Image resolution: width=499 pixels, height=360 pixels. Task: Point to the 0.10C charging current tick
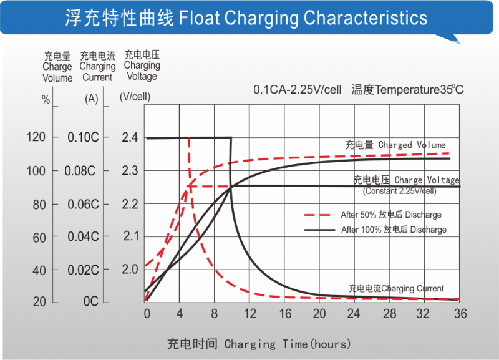pos(84,137)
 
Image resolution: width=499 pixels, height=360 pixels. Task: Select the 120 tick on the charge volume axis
pos(37,137)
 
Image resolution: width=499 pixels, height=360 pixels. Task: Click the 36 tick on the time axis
pos(460,314)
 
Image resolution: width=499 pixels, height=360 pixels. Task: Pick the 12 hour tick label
pos(250,314)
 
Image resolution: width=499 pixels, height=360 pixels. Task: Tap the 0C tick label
pos(91,302)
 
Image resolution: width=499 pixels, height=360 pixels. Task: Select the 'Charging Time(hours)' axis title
pos(259,344)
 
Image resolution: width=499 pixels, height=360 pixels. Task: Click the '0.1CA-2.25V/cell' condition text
pos(297,90)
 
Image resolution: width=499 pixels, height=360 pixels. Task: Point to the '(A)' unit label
pos(91,99)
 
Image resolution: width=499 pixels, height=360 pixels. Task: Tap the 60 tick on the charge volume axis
pos(39,237)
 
